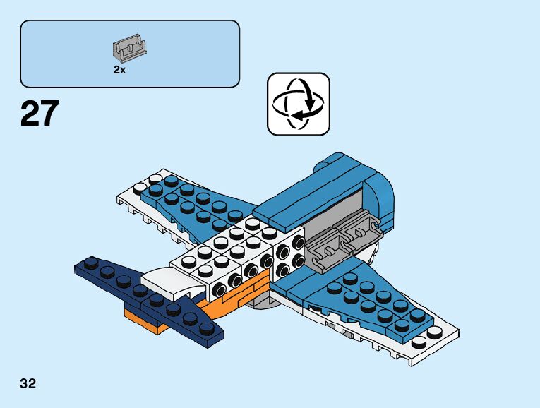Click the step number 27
[40, 114]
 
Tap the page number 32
[28, 384]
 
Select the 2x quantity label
[119, 69]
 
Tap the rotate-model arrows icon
[298, 104]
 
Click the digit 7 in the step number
[48, 114]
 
